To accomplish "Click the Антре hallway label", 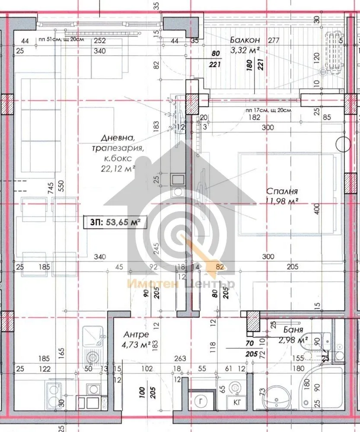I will coord(136,335).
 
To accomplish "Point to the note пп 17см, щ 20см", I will coord(268,110).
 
